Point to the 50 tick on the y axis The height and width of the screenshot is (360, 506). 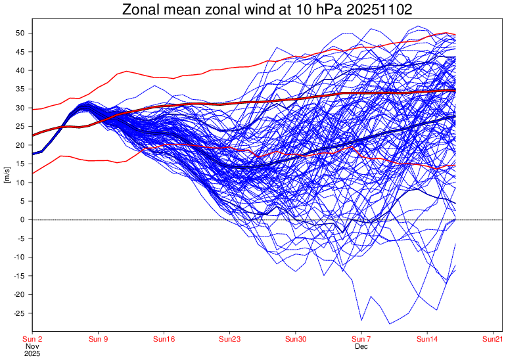[x=20, y=33]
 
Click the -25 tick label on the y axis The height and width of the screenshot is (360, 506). [x=19, y=313]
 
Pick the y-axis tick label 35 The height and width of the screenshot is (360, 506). [x=20, y=89]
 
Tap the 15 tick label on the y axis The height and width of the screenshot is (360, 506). [x=20, y=164]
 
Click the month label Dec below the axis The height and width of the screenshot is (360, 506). [x=361, y=346]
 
